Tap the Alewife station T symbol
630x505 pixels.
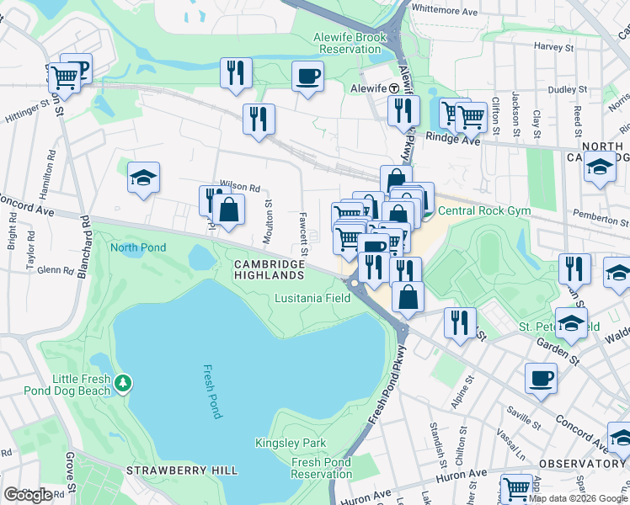(x=393, y=88)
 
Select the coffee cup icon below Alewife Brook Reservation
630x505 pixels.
(x=307, y=77)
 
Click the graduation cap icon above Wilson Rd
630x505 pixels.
(x=144, y=178)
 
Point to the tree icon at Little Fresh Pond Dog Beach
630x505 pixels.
(x=124, y=384)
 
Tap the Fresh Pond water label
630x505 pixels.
(x=212, y=391)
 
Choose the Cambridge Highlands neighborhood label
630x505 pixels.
(x=269, y=270)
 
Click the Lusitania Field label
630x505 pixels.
(x=312, y=299)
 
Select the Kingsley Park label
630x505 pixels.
(x=284, y=443)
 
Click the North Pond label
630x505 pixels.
(x=138, y=247)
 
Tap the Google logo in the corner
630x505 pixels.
(x=28, y=495)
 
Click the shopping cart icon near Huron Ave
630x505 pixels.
(x=516, y=489)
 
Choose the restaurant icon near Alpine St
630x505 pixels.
(x=460, y=325)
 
